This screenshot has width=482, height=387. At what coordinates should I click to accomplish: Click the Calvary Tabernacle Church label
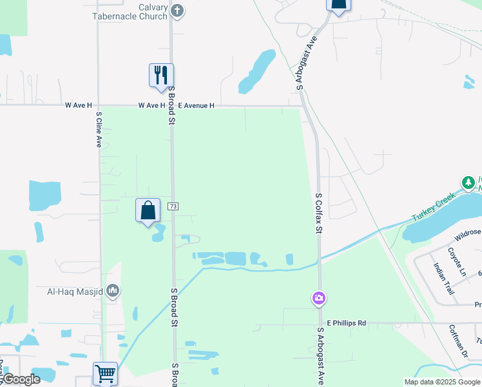pyautogui.click(x=130, y=12)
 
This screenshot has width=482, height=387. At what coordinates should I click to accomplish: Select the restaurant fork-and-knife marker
pyautogui.click(x=161, y=75)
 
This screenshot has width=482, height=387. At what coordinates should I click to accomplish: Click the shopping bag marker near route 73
pyautogui.click(x=148, y=210)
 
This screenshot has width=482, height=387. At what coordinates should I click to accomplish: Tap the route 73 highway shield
pyautogui.click(x=173, y=206)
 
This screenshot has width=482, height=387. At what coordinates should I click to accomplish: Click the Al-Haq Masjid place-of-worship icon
pyautogui.click(x=113, y=292)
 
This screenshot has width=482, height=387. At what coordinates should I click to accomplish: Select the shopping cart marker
pyautogui.click(x=105, y=373)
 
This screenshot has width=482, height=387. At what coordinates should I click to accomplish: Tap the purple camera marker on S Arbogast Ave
pyautogui.click(x=318, y=298)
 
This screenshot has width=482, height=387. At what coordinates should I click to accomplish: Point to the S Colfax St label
pyautogui.click(x=318, y=212)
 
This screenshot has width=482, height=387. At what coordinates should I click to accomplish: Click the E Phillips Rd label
pyautogui.click(x=346, y=322)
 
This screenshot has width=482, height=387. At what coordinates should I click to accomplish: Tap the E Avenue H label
pyautogui.click(x=196, y=105)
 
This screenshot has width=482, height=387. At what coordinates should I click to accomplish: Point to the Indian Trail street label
pyautogui.click(x=444, y=279)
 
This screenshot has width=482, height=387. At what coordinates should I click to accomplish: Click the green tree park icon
pyautogui.click(x=468, y=183)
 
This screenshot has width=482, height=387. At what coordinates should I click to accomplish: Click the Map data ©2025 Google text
pyautogui.click(x=441, y=382)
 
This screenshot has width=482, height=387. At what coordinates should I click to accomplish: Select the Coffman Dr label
pyautogui.click(x=458, y=340)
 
